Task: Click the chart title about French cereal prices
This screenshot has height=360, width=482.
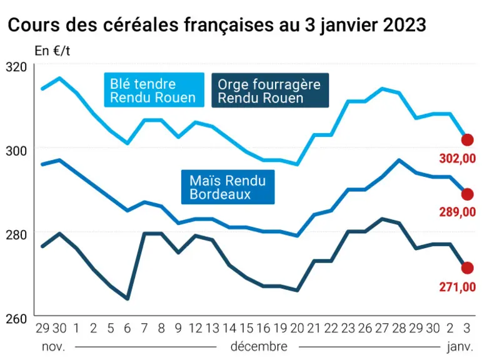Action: pyautogui.click(x=217, y=24)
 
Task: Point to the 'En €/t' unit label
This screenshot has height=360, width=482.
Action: pyautogui.click(x=53, y=51)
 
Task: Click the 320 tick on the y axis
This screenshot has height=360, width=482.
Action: pyautogui.click(x=17, y=67)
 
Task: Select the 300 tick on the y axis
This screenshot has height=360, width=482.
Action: pyautogui.click(x=17, y=151)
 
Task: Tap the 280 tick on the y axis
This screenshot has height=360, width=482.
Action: pyautogui.click(x=17, y=235)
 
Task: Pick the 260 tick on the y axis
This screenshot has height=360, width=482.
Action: pyautogui.click(x=17, y=319)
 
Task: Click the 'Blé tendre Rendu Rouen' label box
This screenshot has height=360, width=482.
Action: pyautogui.click(x=154, y=90)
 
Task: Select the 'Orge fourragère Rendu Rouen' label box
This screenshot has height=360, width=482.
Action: pyautogui.click(x=270, y=91)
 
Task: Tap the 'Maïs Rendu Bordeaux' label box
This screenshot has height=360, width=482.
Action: pyautogui.click(x=228, y=187)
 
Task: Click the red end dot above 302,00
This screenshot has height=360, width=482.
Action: pyautogui.click(x=467, y=140)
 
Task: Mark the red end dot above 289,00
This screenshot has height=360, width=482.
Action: pyautogui.click(x=467, y=194)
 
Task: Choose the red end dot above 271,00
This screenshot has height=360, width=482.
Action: pyautogui.click(x=467, y=268)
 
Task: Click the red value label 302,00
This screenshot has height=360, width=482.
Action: pyautogui.click(x=458, y=159)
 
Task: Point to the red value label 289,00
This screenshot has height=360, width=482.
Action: pyautogui.click(x=458, y=212)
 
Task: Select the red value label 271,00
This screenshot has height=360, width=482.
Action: pyautogui.click(x=458, y=287)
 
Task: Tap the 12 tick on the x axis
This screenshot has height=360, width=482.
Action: pyautogui.click(x=195, y=328)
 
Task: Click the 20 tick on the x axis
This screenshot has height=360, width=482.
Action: pyautogui.click(x=297, y=328)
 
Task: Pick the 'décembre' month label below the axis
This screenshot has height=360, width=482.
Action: pyautogui.click(x=259, y=347)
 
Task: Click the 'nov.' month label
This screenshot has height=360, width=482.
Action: pyautogui.click(x=54, y=347)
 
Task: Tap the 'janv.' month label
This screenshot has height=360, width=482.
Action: pyautogui.click(x=460, y=347)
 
